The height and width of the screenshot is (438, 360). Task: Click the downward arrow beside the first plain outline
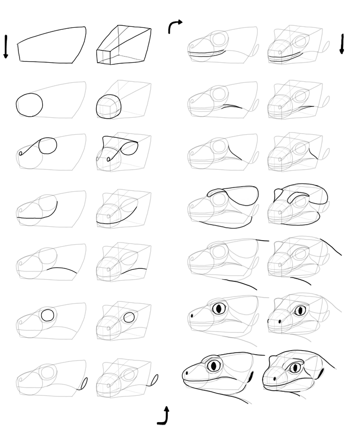(6, 46)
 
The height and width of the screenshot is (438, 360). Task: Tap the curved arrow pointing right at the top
(174, 26)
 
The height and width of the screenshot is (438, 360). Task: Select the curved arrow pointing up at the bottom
(164, 416)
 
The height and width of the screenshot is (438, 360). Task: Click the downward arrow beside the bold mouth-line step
(341, 44)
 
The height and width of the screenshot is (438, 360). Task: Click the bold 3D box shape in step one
(123, 46)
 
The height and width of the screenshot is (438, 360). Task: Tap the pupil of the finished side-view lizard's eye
(214, 366)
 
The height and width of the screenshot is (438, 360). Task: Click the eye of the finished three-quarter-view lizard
(295, 367)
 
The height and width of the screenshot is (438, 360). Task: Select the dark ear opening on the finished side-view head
(250, 378)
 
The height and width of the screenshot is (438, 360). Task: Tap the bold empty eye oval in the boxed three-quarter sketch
(130, 317)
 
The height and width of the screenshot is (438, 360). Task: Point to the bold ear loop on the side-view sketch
(84, 383)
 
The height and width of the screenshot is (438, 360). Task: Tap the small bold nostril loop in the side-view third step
(20, 153)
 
